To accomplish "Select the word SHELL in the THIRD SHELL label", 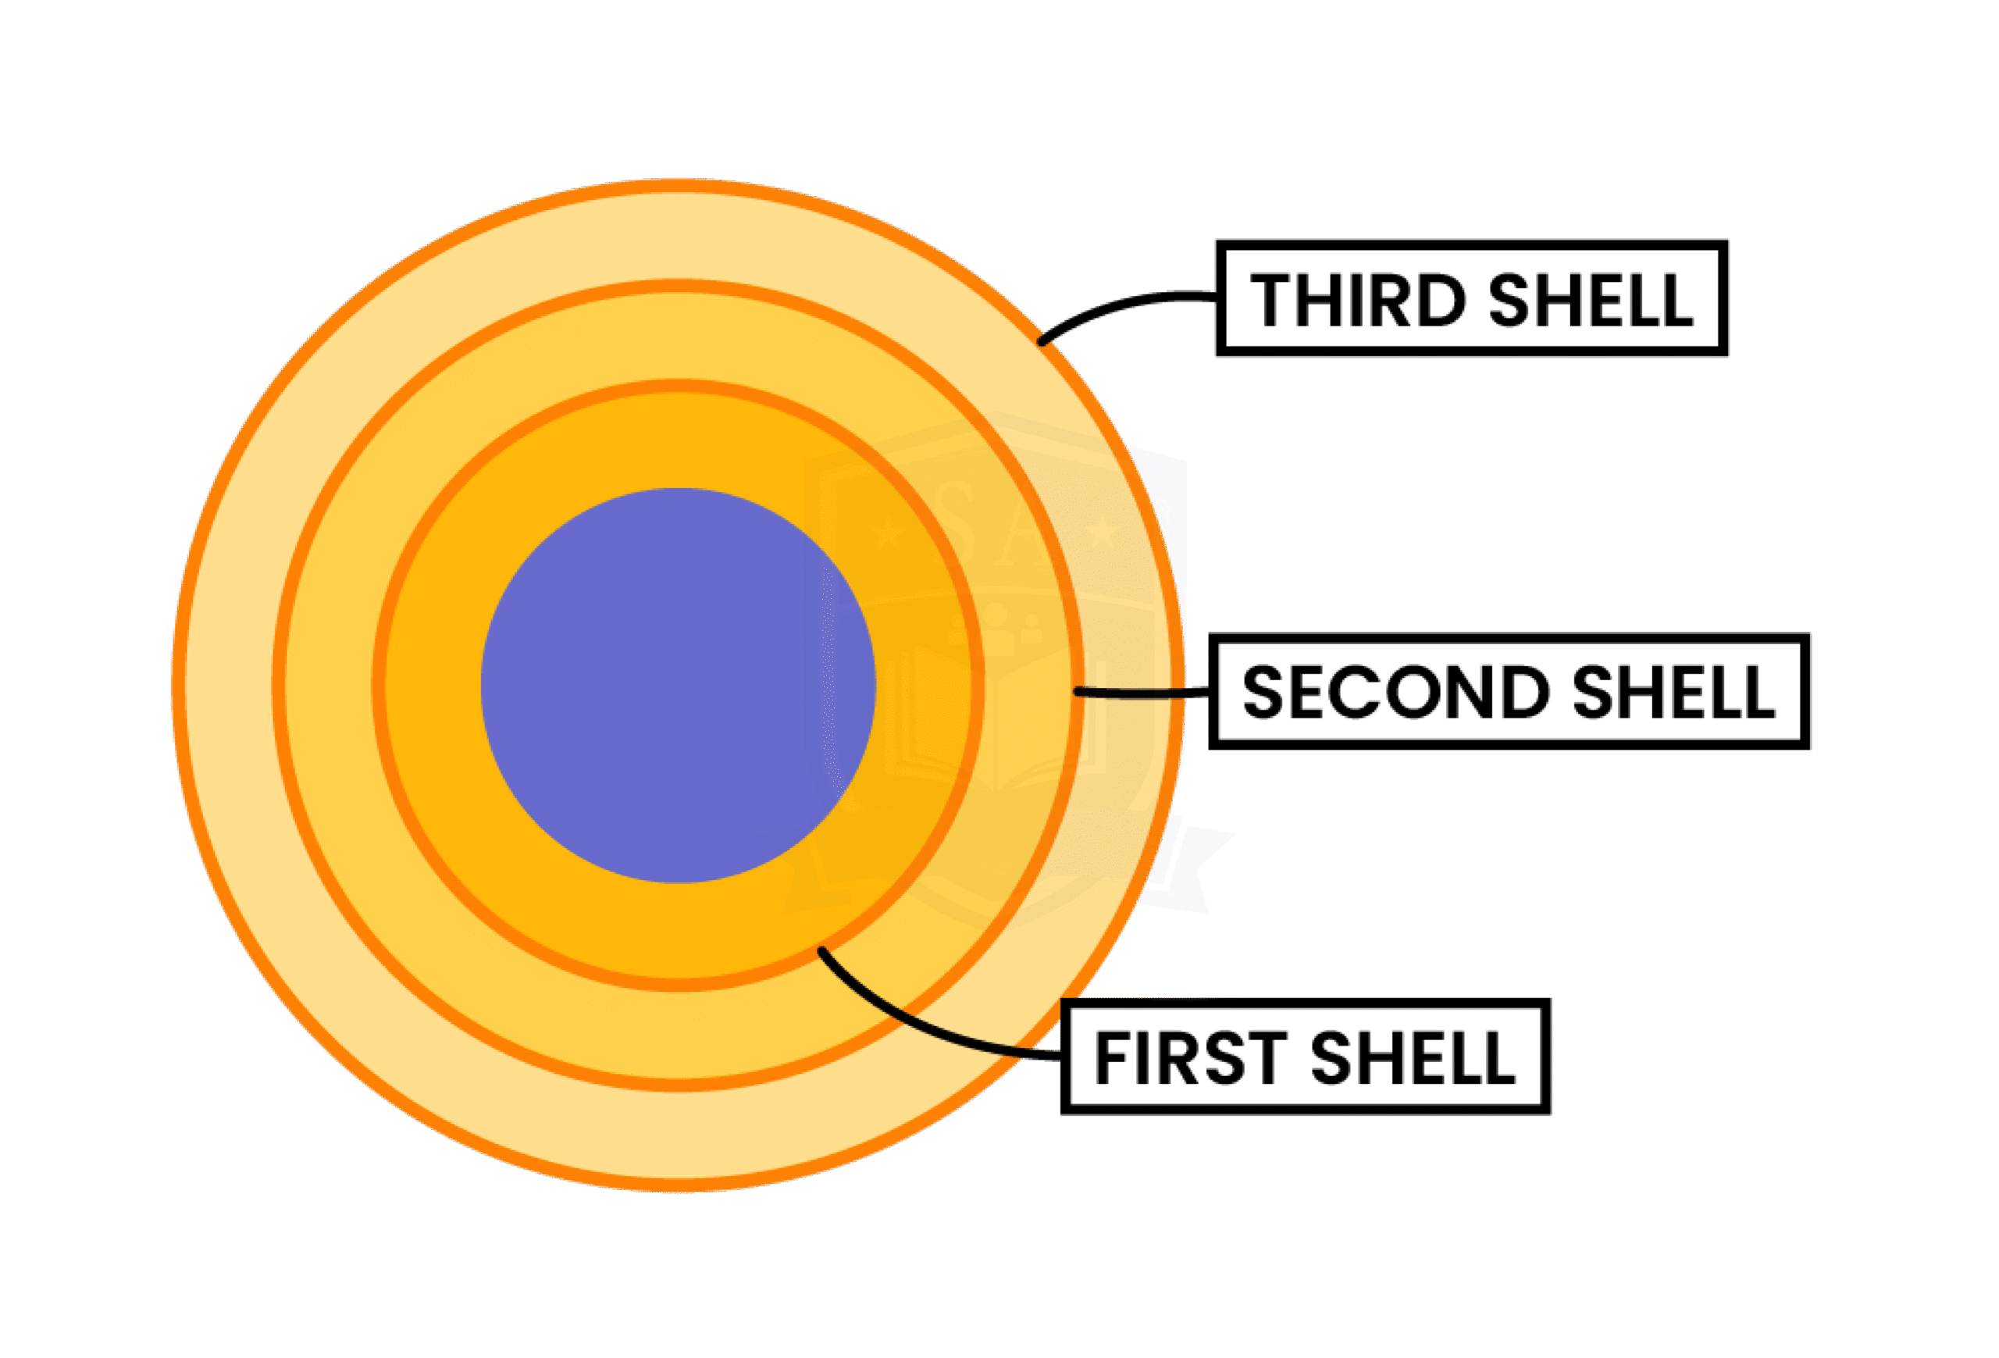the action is [1591, 300].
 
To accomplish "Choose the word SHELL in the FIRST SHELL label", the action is [1413, 1058].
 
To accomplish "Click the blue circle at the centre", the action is [678, 686].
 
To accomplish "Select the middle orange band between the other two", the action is [330, 686].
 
